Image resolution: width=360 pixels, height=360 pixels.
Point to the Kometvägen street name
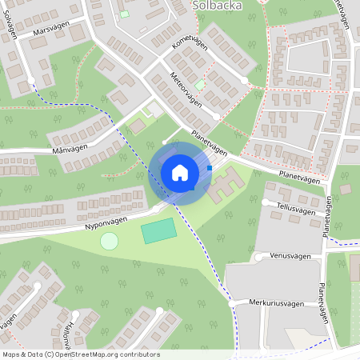click(190, 54)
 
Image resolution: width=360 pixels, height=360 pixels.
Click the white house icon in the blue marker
click(180, 173)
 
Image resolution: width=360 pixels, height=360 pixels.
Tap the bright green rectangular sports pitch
click(158, 232)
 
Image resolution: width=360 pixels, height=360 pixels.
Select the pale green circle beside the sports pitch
click(109, 241)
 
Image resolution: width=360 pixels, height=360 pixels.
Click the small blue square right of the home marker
click(210, 168)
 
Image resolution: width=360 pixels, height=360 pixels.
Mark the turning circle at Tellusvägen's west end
click(266, 202)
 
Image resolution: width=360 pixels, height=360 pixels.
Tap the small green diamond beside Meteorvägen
click(200, 83)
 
